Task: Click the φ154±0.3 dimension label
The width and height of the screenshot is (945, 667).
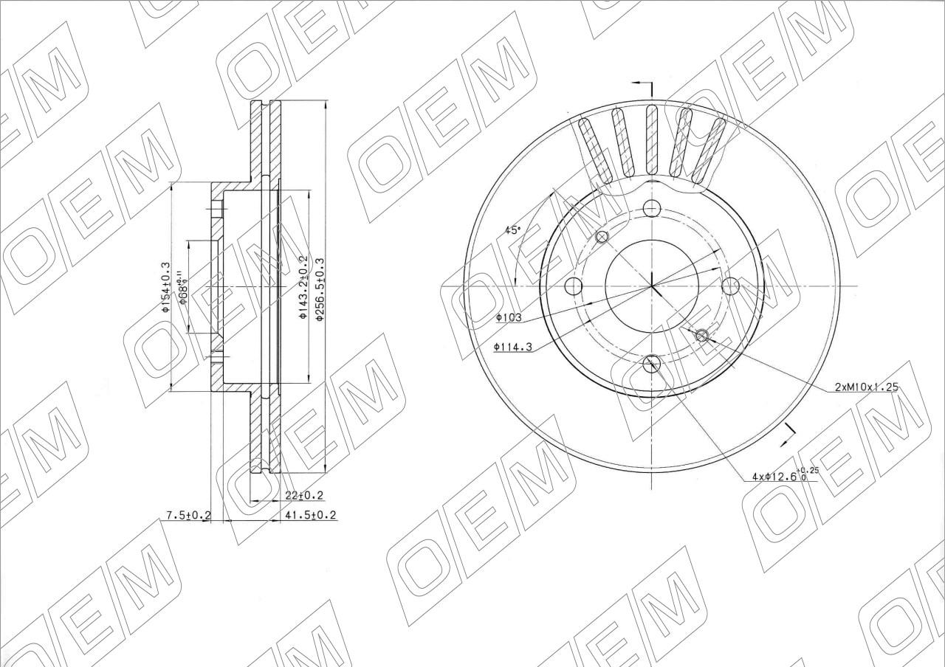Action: (166, 287)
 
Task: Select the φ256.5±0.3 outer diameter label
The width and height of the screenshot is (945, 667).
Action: (320, 288)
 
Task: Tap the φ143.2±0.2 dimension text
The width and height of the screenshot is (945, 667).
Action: (303, 287)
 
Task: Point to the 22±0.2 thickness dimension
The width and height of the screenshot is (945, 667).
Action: (304, 496)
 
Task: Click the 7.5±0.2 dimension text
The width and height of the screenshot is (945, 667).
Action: (188, 515)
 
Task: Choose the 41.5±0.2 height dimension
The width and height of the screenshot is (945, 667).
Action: (310, 515)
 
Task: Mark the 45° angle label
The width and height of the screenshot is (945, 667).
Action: (513, 230)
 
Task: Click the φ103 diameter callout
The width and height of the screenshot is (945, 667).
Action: (509, 317)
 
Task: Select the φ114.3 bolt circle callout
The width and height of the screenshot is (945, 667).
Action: (513, 347)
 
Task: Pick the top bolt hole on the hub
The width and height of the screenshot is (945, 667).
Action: (651, 207)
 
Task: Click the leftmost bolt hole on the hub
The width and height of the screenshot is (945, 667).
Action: (572, 286)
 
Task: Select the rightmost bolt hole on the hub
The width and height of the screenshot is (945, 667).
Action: (729, 286)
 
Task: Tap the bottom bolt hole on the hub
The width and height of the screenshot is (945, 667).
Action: (652, 362)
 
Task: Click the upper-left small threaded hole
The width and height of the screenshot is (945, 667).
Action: (602, 237)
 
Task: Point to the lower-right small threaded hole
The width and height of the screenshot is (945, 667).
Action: (702, 336)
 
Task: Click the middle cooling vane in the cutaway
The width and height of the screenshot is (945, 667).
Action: (651, 140)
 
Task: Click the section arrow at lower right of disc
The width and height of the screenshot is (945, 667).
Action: (788, 435)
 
